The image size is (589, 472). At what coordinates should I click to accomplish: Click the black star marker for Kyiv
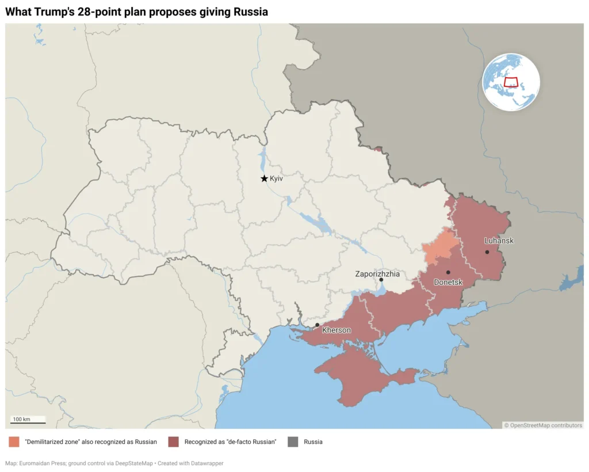(x=264, y=178)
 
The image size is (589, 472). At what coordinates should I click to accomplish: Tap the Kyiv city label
(x=277, y=179)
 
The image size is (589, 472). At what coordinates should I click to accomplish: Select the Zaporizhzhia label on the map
(x=377, y=274)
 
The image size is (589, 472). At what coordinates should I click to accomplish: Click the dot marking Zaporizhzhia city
(x=381, y=280)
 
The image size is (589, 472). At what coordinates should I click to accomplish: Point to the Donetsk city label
(x=448, y=282)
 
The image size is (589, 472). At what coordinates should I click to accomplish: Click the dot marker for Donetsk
(x=448, y=272)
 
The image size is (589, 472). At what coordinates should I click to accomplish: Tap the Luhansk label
(x=499, y=241)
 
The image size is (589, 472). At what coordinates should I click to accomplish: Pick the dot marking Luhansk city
(x=487, y=252)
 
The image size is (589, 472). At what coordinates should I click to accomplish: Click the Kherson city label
(x=336, y=330)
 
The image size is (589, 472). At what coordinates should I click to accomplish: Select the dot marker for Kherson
(x=318, y=325)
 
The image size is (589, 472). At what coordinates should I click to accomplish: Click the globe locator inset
(x=511, y=82)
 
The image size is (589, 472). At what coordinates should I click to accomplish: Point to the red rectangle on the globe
(x=511, y=82)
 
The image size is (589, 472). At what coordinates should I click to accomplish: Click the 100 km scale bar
(x=28, y=422)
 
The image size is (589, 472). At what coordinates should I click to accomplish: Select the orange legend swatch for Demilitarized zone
(x=14, y=442)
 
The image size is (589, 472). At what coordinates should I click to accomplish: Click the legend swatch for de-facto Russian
(x=173, y=442)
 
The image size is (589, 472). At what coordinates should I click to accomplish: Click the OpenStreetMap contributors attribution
(x=543, y=425)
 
